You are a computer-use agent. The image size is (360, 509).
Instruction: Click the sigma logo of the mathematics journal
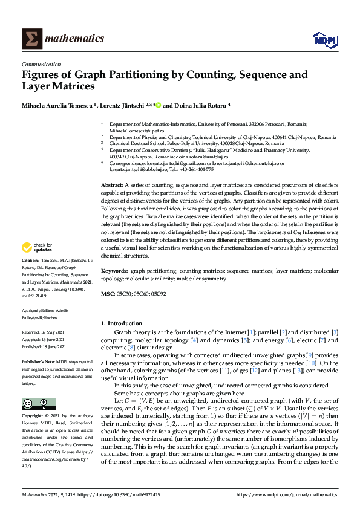(x=31, y=39)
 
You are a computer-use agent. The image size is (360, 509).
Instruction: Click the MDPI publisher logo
(x=324, y=39)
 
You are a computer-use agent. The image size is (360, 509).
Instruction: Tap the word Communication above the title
(x=41, y=64)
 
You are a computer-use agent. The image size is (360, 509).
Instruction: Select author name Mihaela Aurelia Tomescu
(x=59, y=105)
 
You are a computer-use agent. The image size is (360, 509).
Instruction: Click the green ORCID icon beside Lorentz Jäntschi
(x=158, y=105)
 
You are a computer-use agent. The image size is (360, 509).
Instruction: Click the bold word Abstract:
(x=111, y=185)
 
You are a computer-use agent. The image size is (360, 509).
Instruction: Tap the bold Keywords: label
(x=114, y=273)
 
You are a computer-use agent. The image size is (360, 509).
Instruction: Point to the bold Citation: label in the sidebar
(x=30, y=261)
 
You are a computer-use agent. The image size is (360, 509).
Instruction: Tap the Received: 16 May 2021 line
(x=44, y=332)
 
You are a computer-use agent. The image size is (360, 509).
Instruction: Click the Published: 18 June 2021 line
(x=44, y=346)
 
